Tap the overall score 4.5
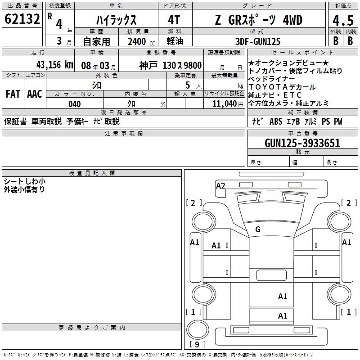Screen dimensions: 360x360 tap(342, 21)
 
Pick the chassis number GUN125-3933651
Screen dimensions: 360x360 tap(302, 143)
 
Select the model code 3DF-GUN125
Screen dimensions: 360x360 tap(258, 41)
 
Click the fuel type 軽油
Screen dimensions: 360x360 tap(175, 41)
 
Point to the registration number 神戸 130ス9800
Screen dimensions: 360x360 tap(170, 65)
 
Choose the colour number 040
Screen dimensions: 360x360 tap(74, 104)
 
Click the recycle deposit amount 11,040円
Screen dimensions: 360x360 tap(227, 104)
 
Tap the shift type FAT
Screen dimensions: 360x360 tap(13, 94)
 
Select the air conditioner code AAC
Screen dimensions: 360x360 tap(34, 94)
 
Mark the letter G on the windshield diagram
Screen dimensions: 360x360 tap(258, 229)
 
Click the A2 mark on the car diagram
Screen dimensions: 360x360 tap(220, 185)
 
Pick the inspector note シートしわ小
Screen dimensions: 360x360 tap(24, 181)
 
